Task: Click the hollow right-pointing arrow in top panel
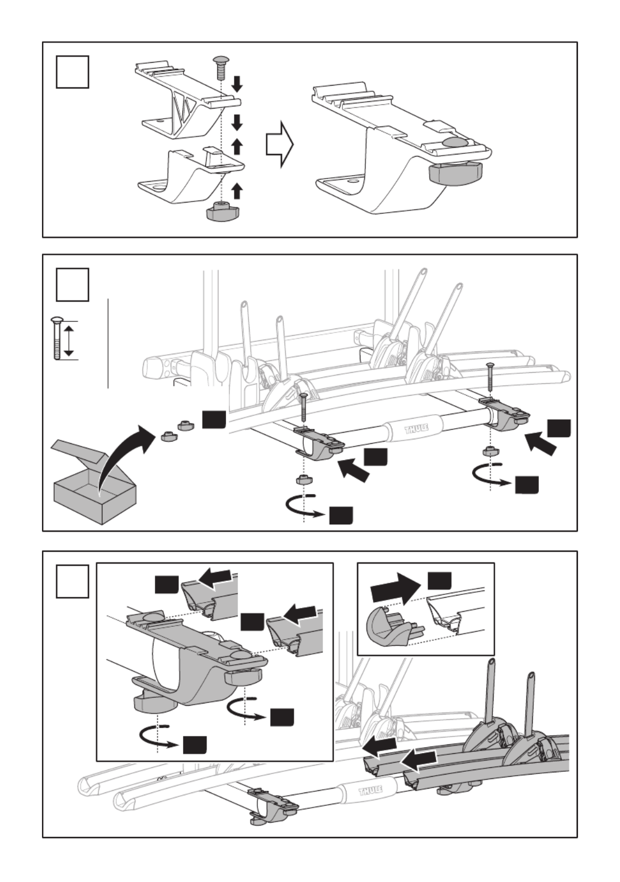279,146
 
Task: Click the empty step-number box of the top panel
72,71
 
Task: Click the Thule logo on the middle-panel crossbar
417,429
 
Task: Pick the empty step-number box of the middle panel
72,284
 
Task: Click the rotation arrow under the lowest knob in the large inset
160,738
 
